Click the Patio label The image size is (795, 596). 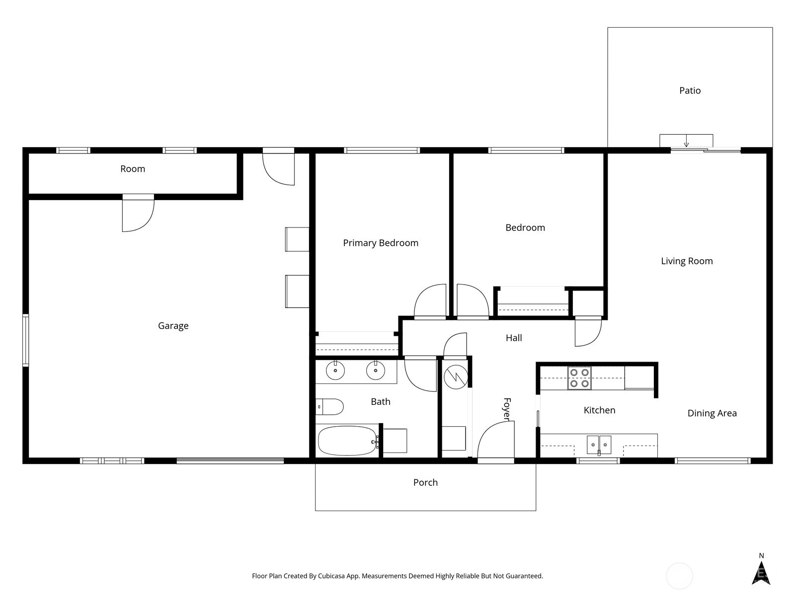pos(690,90)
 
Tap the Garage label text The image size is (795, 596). pos(173,326)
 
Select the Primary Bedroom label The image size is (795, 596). pos(381,243)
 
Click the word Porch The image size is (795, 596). pos(425,482)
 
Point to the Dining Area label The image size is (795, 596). pos(712,413)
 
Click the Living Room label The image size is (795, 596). pos(687,261)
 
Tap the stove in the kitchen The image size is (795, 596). pos(579,377)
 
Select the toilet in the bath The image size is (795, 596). pos(330,407)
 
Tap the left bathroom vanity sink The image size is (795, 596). pos(335,371)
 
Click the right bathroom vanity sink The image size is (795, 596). pos(376,371)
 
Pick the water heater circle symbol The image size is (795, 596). pos(456,377)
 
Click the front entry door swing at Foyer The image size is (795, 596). pos(495,440)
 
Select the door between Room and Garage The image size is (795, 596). pos(138,214)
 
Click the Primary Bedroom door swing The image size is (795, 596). pos(430,301)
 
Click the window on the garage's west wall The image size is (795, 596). pos(25,340)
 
